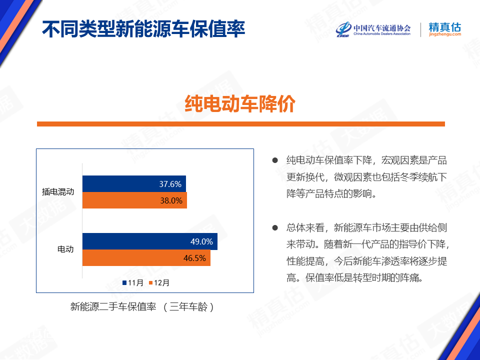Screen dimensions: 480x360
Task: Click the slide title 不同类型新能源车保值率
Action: (x=143, y=29)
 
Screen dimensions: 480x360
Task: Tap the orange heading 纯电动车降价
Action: (x=240, y=104)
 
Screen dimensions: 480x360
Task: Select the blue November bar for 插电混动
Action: (x=134, y=183)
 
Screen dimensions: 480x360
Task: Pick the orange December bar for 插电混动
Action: (x=134, y=200)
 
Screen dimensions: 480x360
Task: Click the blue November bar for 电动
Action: (x=150, y=241)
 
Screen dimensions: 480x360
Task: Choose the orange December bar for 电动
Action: (x=146, y=258)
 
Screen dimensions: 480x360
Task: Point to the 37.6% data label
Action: (x=170, y=184)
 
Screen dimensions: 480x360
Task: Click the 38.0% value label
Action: (x=171, y=200)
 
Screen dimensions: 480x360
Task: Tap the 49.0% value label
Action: (x=201, y=241)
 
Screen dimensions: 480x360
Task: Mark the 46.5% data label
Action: (x=194, y=258)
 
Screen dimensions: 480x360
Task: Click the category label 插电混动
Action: (x=58, y=191)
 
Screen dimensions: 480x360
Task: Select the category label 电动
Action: (x=66, y=249)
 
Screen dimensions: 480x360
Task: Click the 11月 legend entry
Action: (x=133, y=282)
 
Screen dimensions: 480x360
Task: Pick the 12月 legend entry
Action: (x=159, y=282)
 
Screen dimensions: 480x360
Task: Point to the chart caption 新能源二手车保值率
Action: (x=113, y=306)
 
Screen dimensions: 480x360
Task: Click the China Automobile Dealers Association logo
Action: (x=373, y=29)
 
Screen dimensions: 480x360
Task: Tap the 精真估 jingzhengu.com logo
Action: (x=445, y=29)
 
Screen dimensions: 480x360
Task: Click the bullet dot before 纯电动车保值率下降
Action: (x=275, y=160)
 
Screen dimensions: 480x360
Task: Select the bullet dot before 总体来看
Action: (x=275, y=227)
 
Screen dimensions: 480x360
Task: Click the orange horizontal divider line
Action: (x=241, y=124)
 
